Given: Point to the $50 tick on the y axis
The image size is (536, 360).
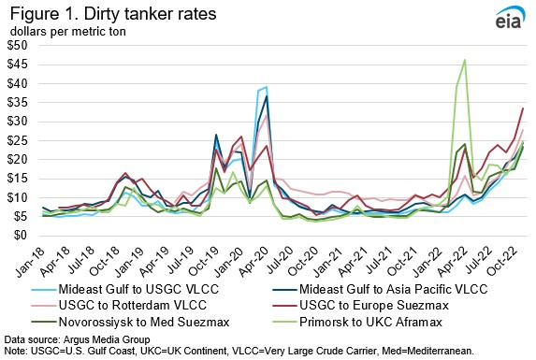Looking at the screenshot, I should click(x=18, y=45).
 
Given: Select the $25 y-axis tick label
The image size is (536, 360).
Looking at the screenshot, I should click(x=18, y=140).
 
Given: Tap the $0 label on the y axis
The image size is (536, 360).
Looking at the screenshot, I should click(x=22, y=236).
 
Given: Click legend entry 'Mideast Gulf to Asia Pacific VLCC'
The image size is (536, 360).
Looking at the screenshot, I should click(x=397, y=288).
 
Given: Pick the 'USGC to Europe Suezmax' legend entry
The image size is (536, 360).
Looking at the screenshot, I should click(x=371, y=305).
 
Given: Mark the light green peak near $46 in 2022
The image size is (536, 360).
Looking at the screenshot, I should click(x=465, y=60).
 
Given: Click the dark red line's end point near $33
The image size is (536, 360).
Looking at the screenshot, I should click(x=521, y=108).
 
